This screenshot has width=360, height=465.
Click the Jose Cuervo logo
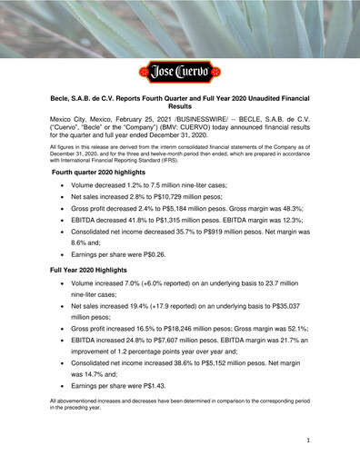[x=180, y=71]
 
